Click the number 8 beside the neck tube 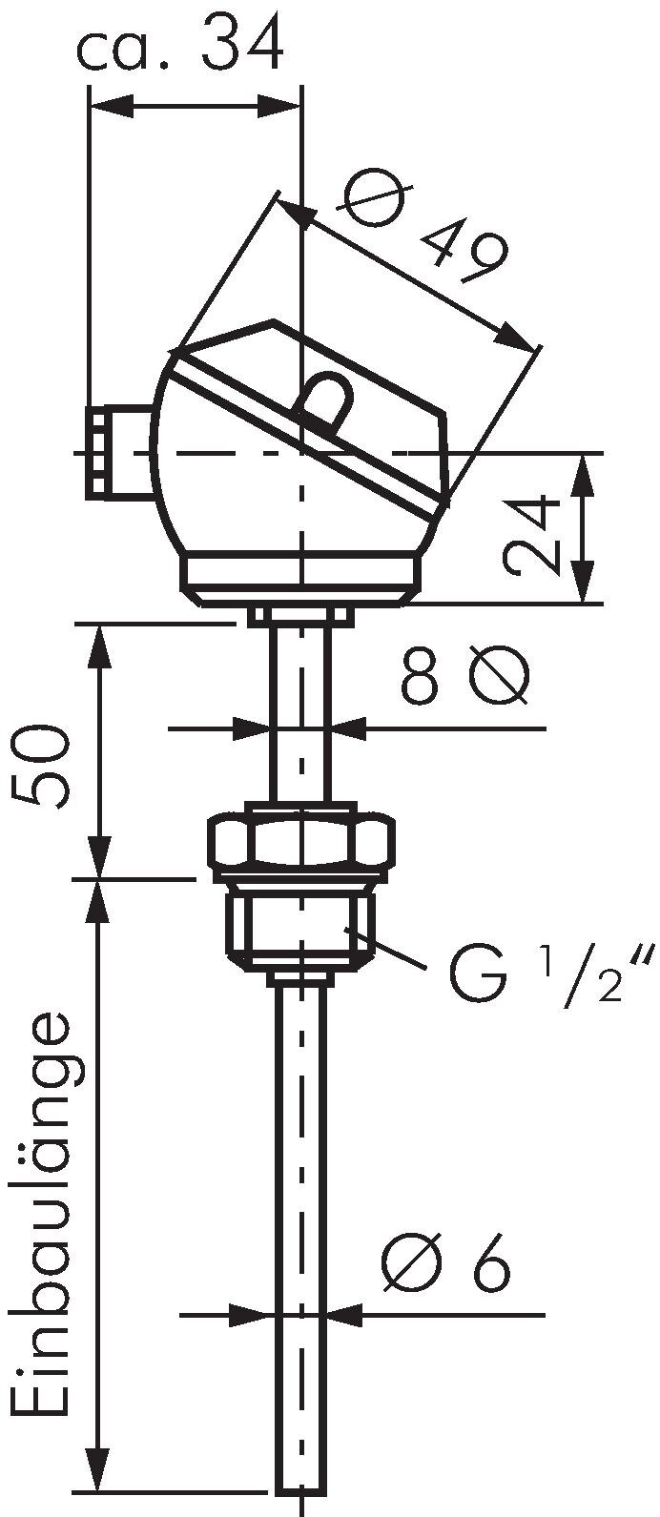tap(418, 678)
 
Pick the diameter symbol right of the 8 tap(498, 676)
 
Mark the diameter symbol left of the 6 tap(413, 1265)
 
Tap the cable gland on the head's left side tap(119, 452)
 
